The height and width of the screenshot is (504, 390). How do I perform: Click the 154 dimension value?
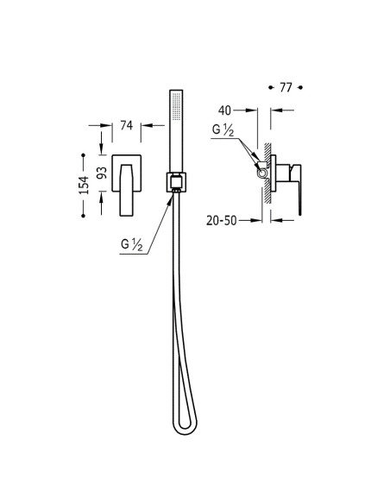(84, 185)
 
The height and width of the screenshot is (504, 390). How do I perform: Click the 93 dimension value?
(102, 173)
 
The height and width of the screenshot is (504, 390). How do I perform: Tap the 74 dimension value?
(126, 125)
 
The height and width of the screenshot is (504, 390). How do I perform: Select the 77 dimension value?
(286, 87)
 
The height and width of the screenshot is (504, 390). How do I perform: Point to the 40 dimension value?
(224, 110)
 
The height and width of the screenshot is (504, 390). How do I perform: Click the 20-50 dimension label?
(222, 221)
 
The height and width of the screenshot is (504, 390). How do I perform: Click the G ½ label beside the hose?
(132, 245)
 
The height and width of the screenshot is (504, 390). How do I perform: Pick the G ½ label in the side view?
(223, 129)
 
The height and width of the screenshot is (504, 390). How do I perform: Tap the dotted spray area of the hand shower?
(176, 106)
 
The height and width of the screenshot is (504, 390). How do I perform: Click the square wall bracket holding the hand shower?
(176, 182)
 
